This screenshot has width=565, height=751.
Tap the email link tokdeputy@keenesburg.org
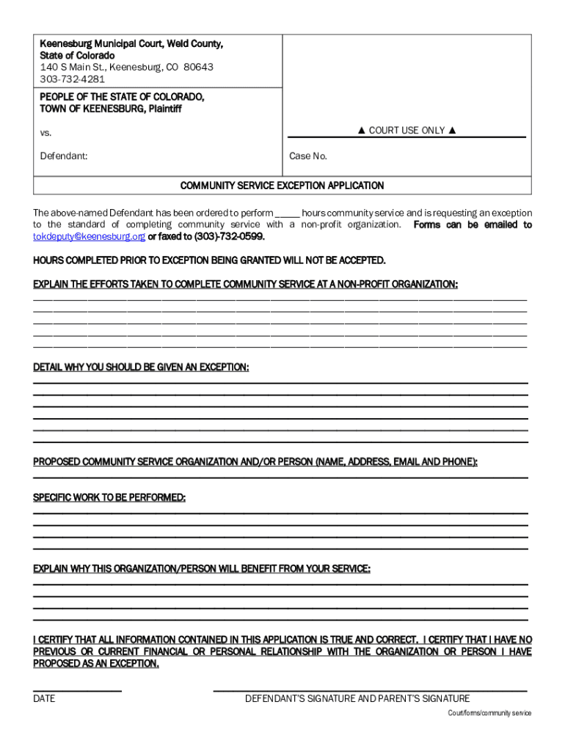coord(89,237)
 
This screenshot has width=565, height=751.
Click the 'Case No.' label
coord(308,156)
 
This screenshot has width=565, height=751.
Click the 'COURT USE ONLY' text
coord(407,131)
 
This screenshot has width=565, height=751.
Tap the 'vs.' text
coord(45,133)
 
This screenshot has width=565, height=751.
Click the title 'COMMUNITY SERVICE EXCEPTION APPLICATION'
coord(282,186)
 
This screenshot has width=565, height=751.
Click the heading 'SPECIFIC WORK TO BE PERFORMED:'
coord(109,498)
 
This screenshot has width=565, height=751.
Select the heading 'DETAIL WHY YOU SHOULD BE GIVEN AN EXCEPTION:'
coord(141,367)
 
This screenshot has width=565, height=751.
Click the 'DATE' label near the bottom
coord(44,699)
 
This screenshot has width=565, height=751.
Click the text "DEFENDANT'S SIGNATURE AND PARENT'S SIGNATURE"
coord(357,699)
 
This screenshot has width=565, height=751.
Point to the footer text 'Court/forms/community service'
coord(490,714)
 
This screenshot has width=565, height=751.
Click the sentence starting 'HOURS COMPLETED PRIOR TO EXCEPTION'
coord(209,260)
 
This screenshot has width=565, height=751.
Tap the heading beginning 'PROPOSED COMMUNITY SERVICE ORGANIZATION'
coord(255,462)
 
